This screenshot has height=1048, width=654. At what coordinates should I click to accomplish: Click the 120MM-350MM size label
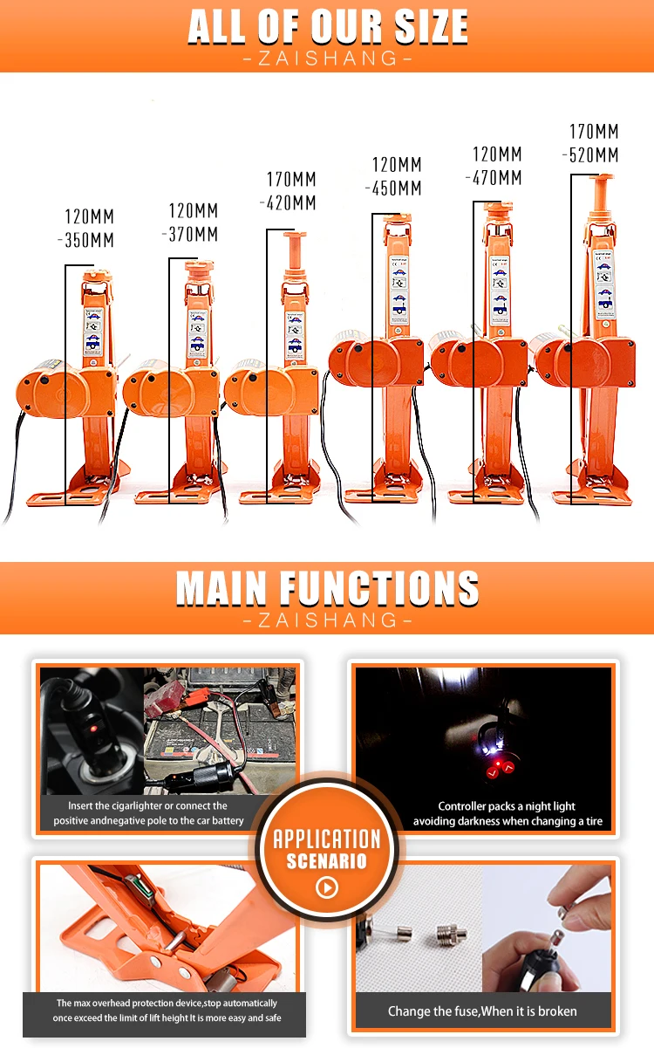(90, 229)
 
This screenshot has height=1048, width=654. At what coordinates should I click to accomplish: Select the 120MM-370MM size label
(194, 223)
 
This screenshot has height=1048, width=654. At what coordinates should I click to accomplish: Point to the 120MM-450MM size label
(397, 176)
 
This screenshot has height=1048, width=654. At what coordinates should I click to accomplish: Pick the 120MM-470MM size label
(497, 167)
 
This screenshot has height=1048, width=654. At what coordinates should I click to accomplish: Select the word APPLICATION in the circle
(327, 839)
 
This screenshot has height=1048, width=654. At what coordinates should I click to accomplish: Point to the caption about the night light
(508, 814)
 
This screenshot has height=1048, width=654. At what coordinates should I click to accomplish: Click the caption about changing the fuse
(482, 1011)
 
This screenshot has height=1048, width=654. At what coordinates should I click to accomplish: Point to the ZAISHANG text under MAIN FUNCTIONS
(327, 620)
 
